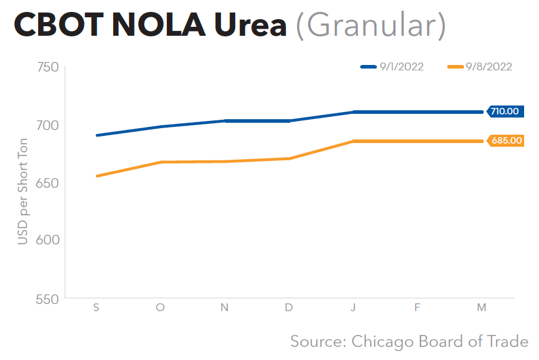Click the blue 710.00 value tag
(x=505, y=111)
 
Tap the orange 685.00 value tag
(x=506, y=141)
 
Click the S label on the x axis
(x=96, y=308)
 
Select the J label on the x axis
(x=353, y=308)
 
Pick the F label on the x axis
(x=418, y=308)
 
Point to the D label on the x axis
(x=289, y=308)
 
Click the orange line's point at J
(x=353, y=141)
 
